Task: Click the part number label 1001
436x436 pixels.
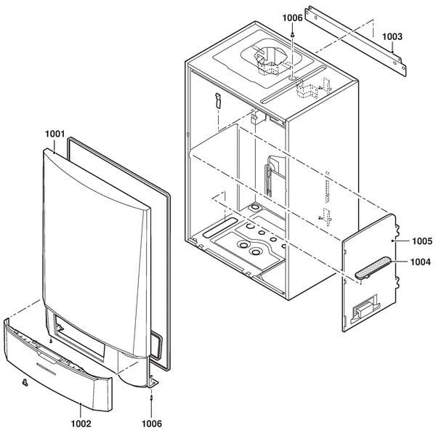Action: [54, 134]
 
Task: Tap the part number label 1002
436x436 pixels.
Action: [81, 424]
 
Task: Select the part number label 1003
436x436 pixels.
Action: [392, 37]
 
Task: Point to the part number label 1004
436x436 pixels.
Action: [421, 262]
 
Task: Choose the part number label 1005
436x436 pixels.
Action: [421, 241]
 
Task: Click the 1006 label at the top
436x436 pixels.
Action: [292, 17]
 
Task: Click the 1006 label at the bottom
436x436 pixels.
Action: [152, 424]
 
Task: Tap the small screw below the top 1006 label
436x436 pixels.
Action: [293, 35]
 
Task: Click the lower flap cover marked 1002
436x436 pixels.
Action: [58, 365]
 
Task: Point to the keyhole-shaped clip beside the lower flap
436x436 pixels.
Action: [25, 383]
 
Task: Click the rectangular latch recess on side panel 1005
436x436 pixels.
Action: [365, 309]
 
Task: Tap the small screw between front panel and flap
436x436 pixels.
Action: [51, 340]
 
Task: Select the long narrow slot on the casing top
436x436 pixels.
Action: [293, 84]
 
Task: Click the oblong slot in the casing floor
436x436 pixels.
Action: [220, 227]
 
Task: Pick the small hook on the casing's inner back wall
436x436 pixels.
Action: [218, 100]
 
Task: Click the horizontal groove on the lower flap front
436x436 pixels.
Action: [47, 368]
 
